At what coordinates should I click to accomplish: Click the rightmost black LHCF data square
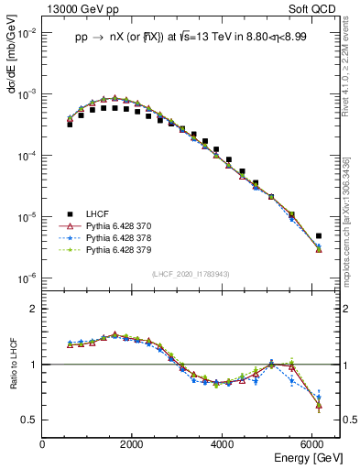[318, 235]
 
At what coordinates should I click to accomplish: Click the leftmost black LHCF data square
[70, 124]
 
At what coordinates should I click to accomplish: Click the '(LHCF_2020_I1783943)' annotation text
[191, 274]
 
